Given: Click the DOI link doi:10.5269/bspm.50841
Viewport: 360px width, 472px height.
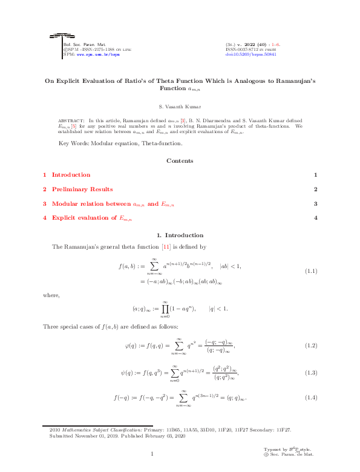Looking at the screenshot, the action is [x=250, y=54].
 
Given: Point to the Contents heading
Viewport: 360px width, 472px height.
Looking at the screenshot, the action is [x=180, y=160].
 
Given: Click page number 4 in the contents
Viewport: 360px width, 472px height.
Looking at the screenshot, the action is [x=316, y=217].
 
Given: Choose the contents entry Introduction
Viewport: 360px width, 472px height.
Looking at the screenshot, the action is [x=71, y=175].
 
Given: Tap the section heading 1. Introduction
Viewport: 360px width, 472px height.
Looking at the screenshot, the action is [x=180, y=234].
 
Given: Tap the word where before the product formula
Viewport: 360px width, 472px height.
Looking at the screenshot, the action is [x=51, y=295].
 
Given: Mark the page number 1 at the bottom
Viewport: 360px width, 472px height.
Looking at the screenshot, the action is [x=152, y=454].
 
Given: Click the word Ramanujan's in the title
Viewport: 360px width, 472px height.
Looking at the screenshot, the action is [x=293, y=80].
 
